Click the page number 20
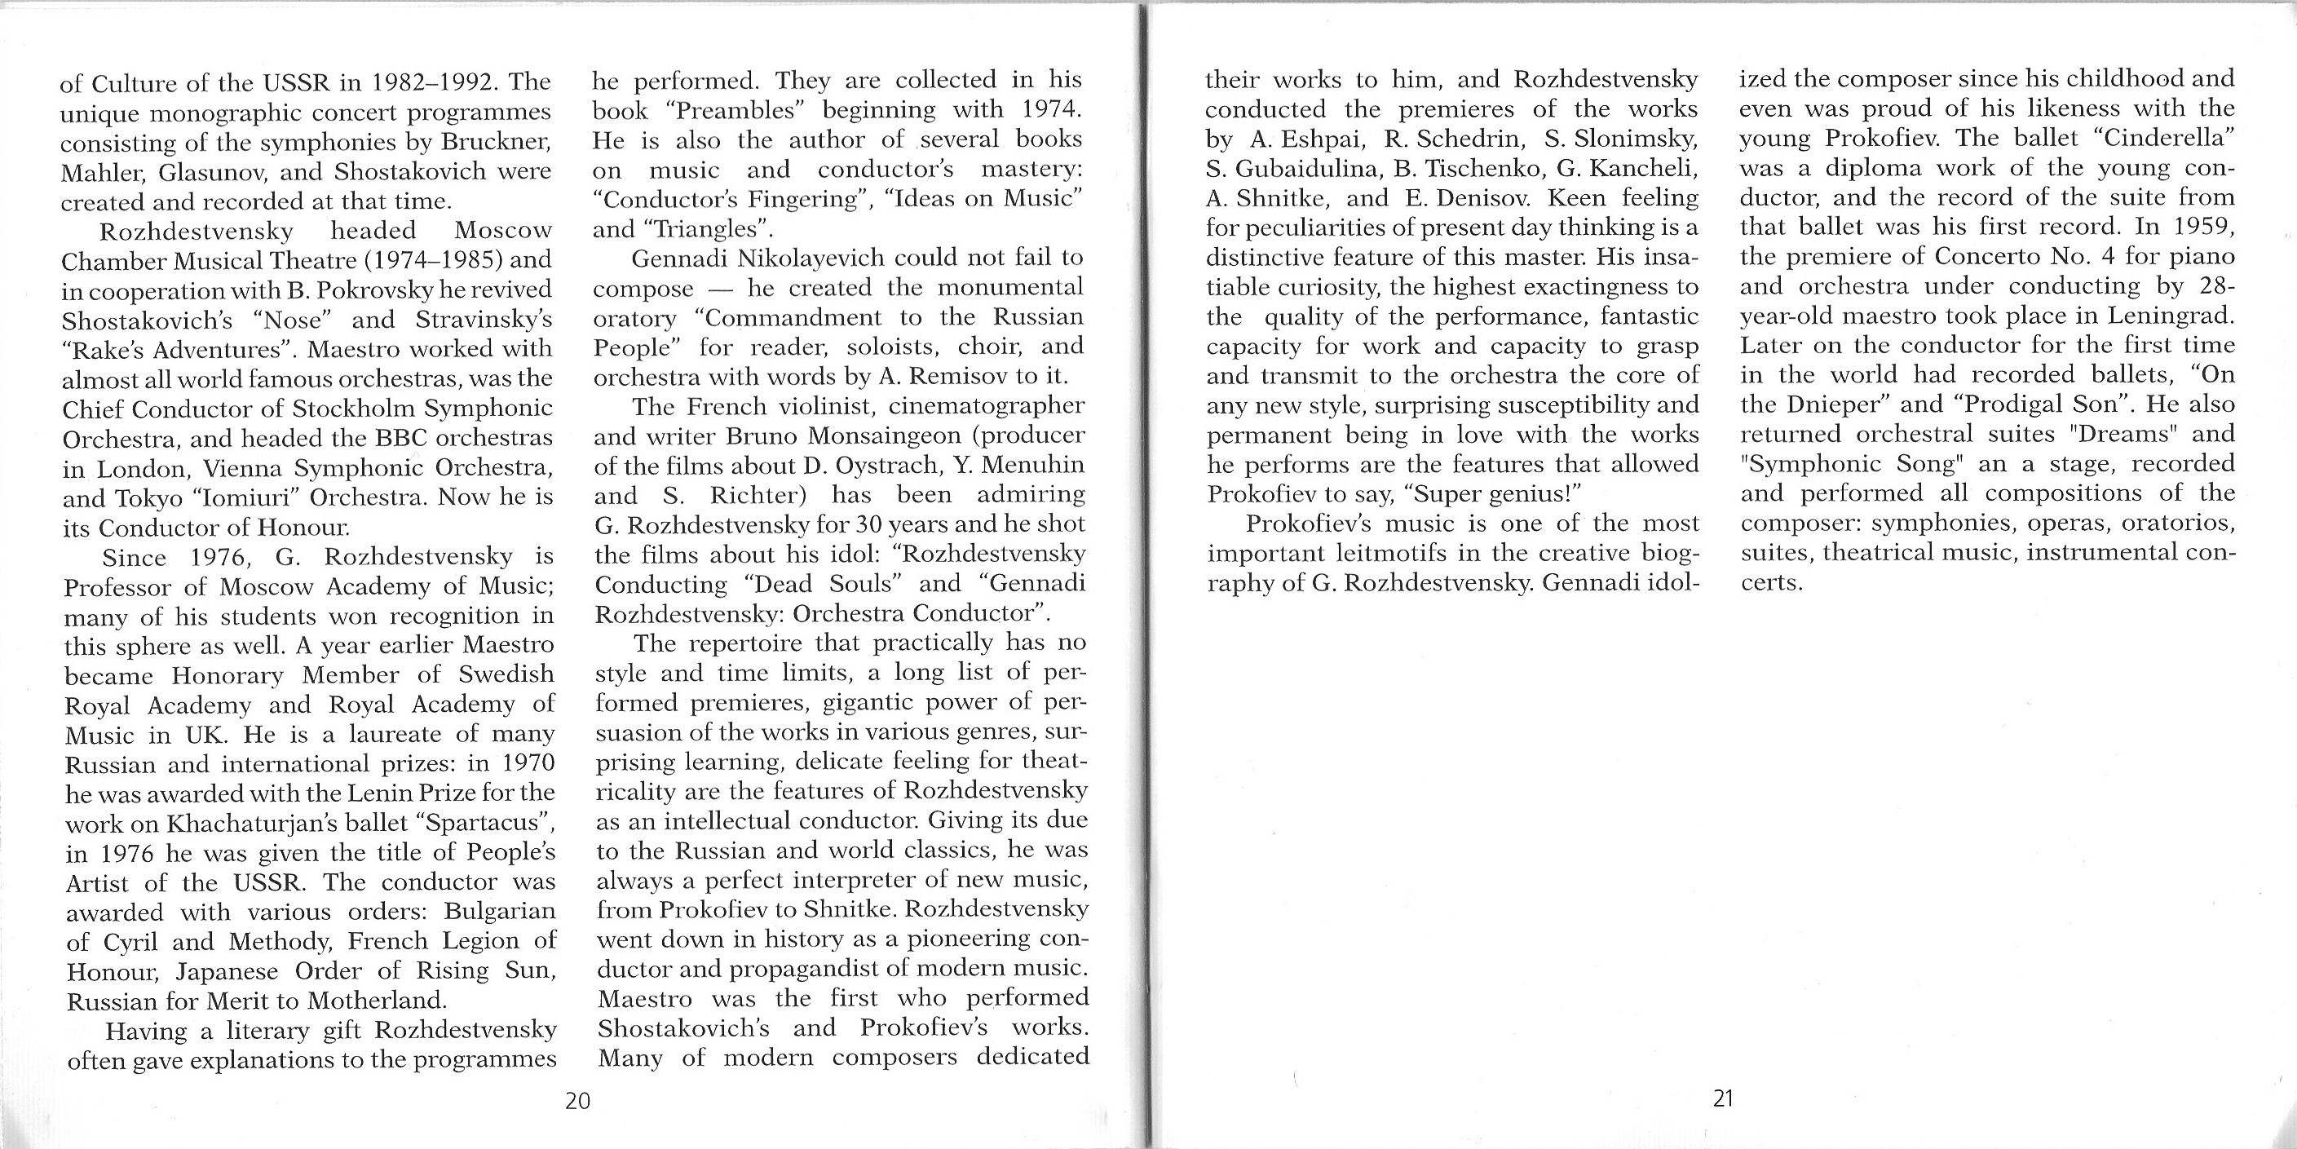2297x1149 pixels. (578, 1101)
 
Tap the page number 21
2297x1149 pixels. (1723, 1098)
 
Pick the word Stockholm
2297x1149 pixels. (352, 409)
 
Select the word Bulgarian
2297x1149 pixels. (499, 912)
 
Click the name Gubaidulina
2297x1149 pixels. (1300, 168)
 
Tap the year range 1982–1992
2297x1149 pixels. (430, 83)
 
